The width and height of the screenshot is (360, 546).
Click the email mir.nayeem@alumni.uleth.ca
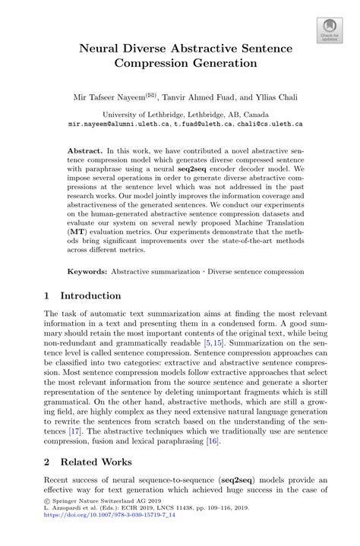coord(118,122)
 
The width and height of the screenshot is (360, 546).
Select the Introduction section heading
coord(91,295)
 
